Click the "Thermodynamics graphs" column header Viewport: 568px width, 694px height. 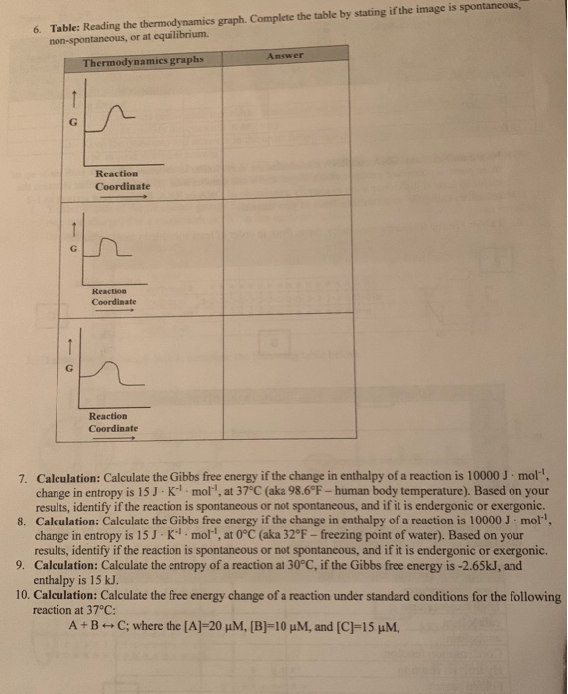(142, 61)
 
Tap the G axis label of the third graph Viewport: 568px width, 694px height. (68, 368)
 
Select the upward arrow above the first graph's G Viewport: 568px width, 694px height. (71, 97)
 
